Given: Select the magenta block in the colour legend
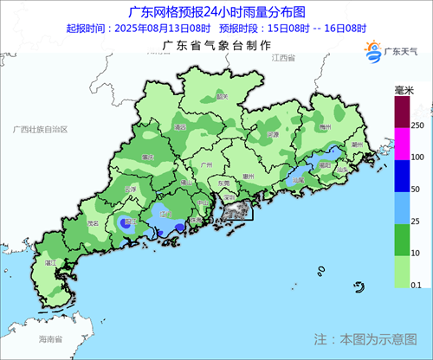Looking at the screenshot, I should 402,143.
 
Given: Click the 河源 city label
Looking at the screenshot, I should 272,135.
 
